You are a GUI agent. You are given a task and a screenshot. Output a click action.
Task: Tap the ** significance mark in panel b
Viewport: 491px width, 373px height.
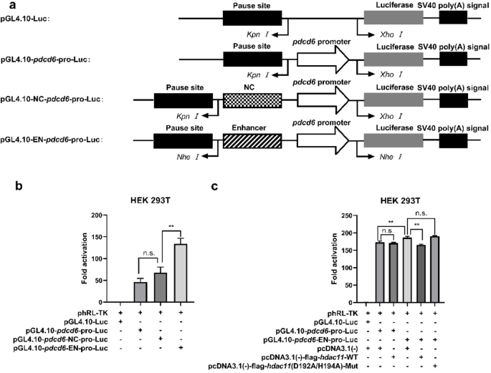pos(171,228)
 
